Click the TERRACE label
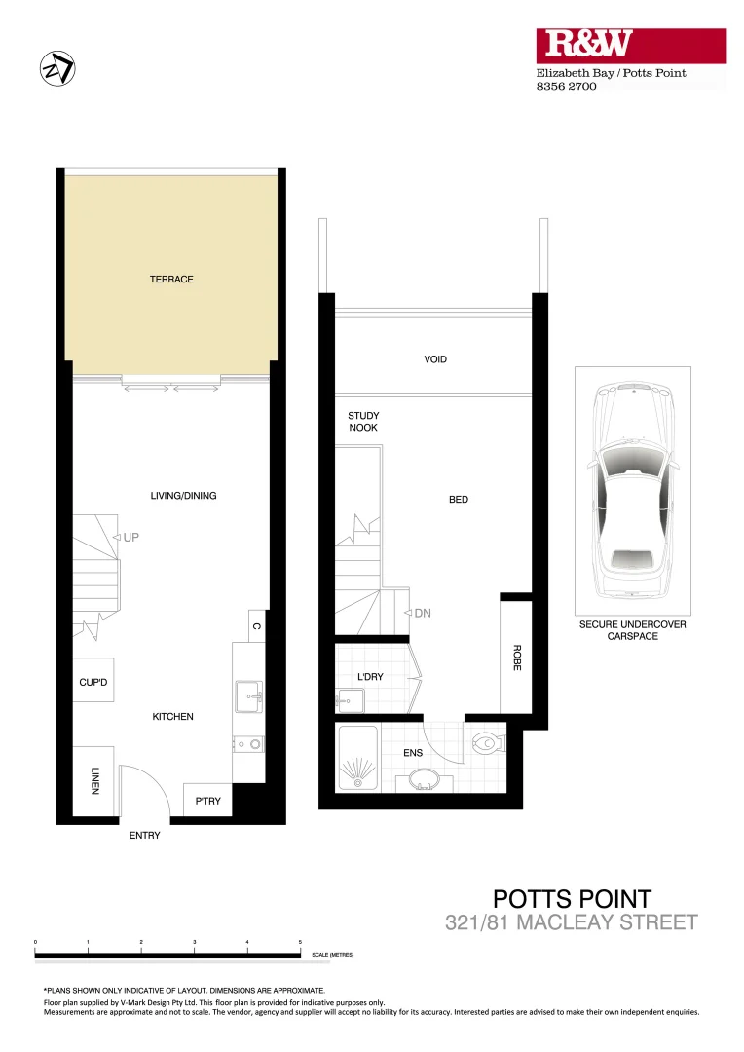[171, 280]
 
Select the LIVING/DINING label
[183, 496]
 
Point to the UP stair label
[131, 537]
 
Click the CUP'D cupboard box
[94, 683]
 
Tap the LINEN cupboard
[94, 780]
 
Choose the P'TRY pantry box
[208, 801]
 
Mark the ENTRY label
[144, 836]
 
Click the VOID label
[435, 359]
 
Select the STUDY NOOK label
[363, 422]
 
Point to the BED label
[459, 500]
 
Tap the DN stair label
[423, 614]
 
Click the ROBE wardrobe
[515, 657]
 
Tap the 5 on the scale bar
[300, 942]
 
